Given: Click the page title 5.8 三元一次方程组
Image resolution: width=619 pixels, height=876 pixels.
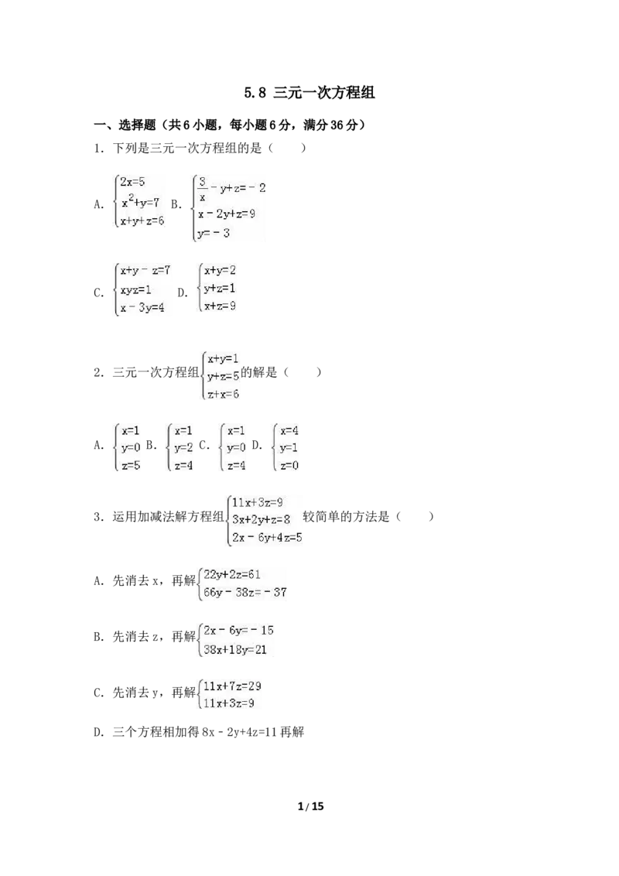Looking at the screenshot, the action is (309, 92).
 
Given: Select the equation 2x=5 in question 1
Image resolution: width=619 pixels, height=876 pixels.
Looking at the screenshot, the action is (132, 182).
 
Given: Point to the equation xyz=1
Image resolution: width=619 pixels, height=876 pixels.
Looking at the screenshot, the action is (135, 290).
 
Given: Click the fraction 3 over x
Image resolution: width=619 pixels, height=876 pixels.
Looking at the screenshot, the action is (202, 189).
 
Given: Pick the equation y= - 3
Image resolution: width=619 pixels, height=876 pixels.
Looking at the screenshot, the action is (214, 233).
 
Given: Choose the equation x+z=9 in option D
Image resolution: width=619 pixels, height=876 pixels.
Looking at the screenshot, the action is (220, 306).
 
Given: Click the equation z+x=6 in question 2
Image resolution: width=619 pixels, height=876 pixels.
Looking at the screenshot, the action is (223, 394).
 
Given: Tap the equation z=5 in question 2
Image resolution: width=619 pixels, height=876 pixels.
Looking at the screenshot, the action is (132, 465).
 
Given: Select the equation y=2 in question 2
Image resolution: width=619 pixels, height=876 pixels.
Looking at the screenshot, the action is (184, 447).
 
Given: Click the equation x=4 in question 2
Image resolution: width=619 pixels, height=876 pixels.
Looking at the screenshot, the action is (289, 431).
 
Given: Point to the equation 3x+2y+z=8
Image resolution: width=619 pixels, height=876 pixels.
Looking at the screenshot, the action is (261, 519).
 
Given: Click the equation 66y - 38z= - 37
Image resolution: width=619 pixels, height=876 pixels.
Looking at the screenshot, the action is (245, 592).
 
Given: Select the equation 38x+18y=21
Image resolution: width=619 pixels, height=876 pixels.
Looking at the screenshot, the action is (235, 649).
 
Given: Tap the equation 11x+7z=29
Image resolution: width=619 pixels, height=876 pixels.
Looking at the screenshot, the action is (232, 686).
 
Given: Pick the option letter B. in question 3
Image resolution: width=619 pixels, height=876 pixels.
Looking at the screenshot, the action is (99, 637).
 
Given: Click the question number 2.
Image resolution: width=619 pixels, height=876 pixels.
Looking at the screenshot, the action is (99, 373).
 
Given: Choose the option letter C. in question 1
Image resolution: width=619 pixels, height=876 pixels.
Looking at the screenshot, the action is (99, 293).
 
